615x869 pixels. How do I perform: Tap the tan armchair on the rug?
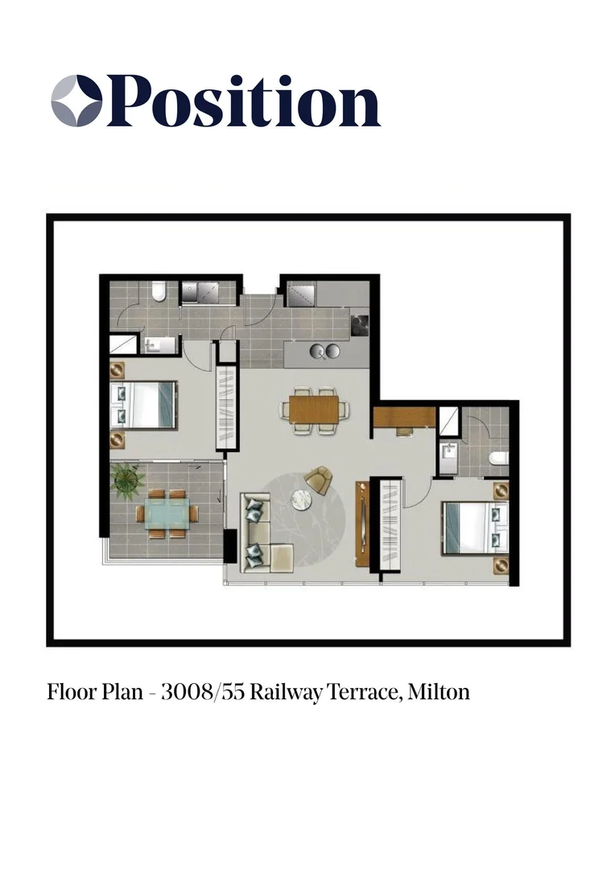coord(319,480)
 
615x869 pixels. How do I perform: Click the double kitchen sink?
coord(325,352)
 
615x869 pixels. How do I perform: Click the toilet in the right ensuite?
coord(499,458)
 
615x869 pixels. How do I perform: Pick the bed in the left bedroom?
coord(143,404)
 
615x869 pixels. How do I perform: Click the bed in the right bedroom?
coord(475,527)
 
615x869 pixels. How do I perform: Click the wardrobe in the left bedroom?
coord(226,410)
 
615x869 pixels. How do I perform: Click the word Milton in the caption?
coord(439,692)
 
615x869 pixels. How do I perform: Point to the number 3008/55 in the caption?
coord(203,692)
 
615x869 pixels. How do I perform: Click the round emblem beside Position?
coord(76,101)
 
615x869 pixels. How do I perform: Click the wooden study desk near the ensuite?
coord(404,418)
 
